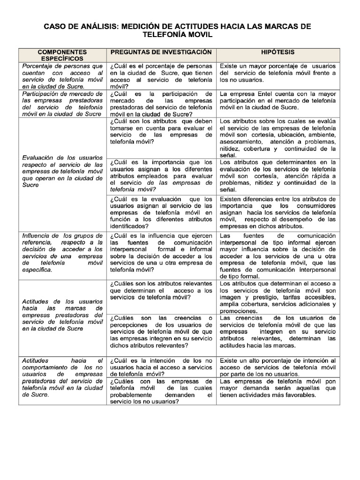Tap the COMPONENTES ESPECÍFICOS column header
point(62,55)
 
